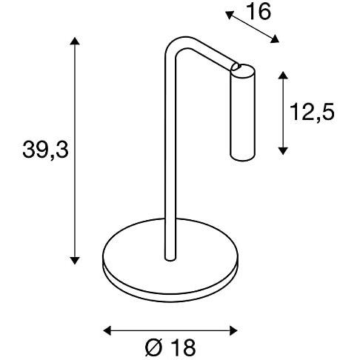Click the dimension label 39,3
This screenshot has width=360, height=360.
[45, 151]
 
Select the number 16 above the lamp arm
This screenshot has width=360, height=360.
[259, 13]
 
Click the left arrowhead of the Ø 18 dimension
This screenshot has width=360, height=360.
[106, 330]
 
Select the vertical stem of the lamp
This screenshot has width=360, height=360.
[170, 163]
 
